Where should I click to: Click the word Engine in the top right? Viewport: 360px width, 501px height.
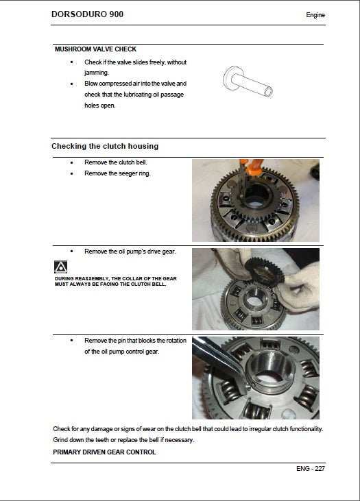click(x=315, y=15)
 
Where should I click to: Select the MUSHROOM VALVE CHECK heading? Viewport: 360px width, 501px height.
click(x=95, y=49)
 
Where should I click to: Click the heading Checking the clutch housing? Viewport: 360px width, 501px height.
click(x=105, y=146)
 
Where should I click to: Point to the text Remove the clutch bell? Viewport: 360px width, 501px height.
click(x=116, y=162)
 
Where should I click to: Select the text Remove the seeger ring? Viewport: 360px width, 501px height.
click(x=117, y=173)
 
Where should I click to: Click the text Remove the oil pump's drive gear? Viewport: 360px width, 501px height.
click(x=130, y=252)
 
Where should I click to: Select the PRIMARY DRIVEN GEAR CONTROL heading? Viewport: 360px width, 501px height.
click(x=104, y=452)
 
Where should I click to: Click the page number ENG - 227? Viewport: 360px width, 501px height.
click(x=311, y=469)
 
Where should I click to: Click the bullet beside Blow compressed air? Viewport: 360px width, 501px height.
click(x=73, y=84)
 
